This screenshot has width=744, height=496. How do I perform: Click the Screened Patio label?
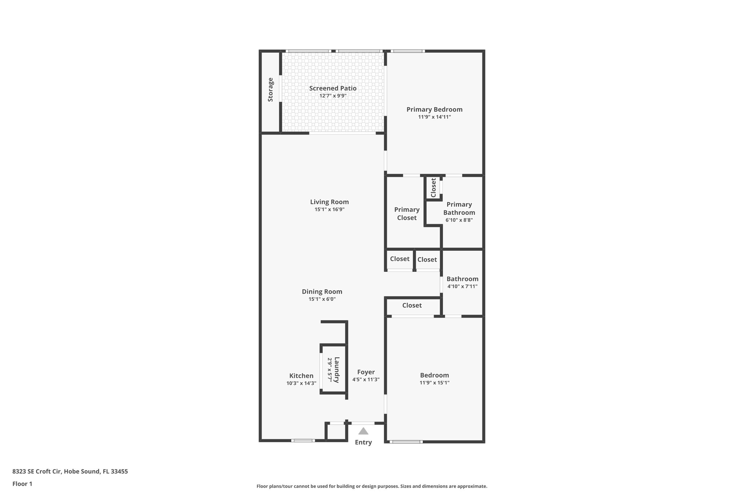tap(333, 88)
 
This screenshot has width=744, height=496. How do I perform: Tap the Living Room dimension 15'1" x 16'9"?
tap(329, 210)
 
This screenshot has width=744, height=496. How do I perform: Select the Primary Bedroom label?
tap(434, 109)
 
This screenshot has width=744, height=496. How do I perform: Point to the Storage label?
tap(270, 89)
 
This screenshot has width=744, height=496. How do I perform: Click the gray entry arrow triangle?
tap(363, 431)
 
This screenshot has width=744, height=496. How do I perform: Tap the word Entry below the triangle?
tap(363, 442)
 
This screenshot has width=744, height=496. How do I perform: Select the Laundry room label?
tap(337, 370)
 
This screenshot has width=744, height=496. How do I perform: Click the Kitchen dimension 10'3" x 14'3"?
tap(301, 383)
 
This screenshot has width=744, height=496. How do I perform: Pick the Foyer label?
tap(366, 372)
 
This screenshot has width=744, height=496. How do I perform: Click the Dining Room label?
tap(322, 291)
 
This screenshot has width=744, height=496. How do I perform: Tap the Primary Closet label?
tap(407, 214)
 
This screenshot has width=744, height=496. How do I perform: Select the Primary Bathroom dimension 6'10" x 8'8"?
tap(459, 220)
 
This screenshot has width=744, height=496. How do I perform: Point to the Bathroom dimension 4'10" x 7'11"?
tap(462, 286)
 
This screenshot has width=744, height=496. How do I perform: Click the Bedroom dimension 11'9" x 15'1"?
tap(434, 383)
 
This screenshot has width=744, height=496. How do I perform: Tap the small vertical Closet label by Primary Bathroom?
tap(433, 187)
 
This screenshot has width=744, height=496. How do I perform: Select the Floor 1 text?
tap(23, 484)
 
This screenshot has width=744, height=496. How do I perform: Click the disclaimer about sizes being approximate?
tap(372, 486)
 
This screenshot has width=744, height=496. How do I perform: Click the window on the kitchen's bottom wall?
tap(303, 440)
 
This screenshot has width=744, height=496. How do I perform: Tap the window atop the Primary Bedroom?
tap(408, 51)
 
